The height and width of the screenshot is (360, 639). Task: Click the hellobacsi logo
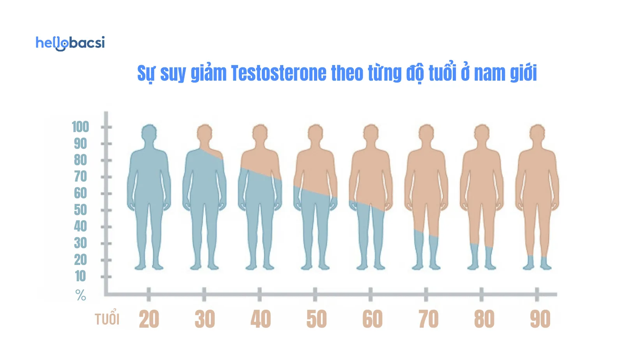[x=70, y=43]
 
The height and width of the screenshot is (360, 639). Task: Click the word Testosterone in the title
[x=279, y=73]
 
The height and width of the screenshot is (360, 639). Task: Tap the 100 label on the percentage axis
[x=80, y=127]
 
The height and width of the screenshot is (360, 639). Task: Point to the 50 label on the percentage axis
[x=80, y=210]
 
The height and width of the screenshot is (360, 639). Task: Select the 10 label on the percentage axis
[x=80, y=276]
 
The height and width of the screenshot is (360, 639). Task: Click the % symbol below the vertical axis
[x=81, y=295]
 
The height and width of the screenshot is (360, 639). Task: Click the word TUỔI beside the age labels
[x=107, y=319]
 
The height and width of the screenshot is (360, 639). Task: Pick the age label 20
[x=149, y=319]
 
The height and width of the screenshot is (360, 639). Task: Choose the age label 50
[x=316, y=319]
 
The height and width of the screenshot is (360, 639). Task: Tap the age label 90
[x=540, y=319]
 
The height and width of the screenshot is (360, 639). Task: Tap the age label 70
[x=428, y=319]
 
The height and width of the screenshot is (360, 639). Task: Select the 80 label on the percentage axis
[x=80, y=160]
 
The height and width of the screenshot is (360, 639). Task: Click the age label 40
[x=261, y=319]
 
